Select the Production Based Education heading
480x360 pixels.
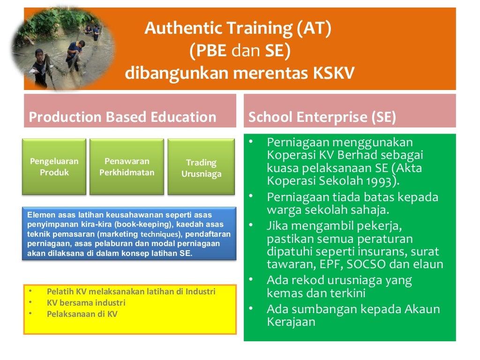pos(123,117)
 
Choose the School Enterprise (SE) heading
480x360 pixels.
pos(322,117)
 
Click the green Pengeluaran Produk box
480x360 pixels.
pos(54,167)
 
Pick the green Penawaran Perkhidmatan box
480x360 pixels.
pos(127,167)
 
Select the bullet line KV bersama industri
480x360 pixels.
pos(86,303)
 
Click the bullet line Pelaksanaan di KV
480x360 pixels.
pos(82,314)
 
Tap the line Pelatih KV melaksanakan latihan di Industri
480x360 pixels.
pos(131,292)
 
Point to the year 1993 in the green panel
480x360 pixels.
pos(382,181)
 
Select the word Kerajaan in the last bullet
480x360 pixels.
pos(291,322)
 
